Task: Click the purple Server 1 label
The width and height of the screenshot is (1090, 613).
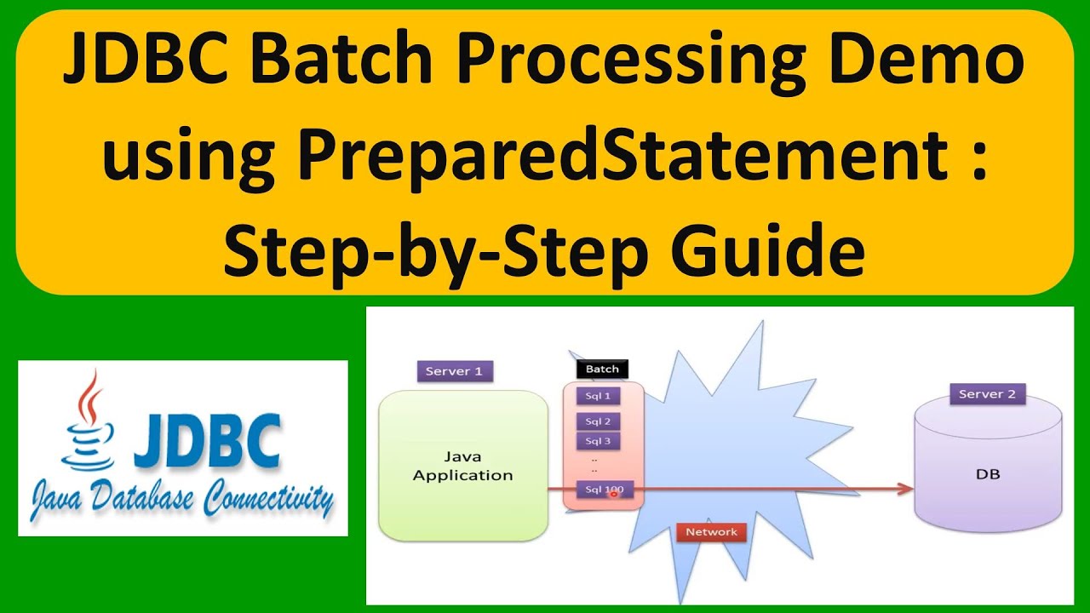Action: [455, 371]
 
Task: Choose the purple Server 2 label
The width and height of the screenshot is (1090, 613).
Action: [988, 394]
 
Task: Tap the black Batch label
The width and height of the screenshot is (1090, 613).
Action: [602, 369]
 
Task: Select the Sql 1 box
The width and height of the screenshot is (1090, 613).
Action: [598, 396]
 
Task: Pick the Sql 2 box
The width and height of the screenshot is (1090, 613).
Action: [598, 421]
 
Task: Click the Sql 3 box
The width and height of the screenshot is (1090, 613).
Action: [598, 441]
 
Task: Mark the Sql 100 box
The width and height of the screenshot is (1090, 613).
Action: [602, 490]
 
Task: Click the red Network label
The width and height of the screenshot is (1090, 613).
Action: [711, 532]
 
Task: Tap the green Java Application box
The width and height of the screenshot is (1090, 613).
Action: [462, 466]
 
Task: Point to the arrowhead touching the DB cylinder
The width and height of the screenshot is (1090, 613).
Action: [906, 489]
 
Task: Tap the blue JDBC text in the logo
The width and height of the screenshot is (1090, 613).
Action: [207, 441]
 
